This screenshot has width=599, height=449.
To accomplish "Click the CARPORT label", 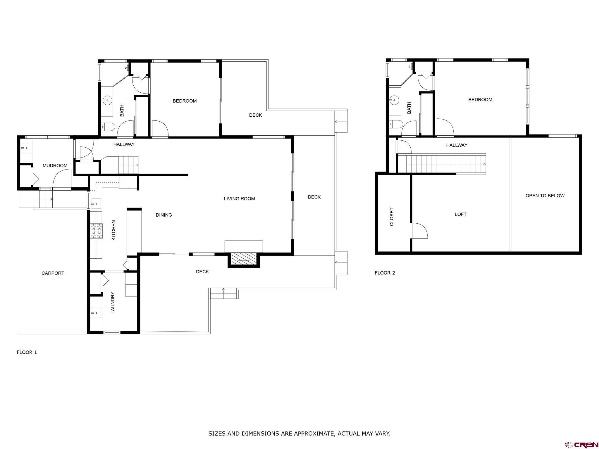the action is pyautogui.click(x=53, y=273).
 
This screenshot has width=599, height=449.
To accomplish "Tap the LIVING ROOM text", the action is pyautogui.click(x=239, y=199).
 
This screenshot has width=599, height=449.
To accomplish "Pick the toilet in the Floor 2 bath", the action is pyautogui.click(x=396, y=124).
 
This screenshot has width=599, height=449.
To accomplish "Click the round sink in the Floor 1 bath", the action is pyautogui.click(x=107, y=101).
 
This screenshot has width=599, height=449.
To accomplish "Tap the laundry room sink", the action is pyautogui.click(x=96, y=313).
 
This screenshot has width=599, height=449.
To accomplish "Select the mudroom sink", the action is pyautogui.click(x=26, y=148).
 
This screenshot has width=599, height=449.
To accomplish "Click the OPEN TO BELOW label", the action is pyautogui.click(x=545, y=196).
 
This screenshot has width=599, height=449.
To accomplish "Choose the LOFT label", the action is pyautogui.click(x=460, y=215).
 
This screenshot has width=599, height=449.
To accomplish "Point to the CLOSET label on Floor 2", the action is pyautogui.click(x=392, y=217).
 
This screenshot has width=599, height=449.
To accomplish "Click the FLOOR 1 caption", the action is pyautogui.click(x=27, y=352).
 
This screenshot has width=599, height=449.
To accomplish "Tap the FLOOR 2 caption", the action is pyautogui.click(x=385, y=273).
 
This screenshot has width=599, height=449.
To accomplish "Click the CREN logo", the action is pyautogui.click(x=581, y=445).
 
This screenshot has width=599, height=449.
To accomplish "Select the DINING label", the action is pyautogui.click(x=164, y=215).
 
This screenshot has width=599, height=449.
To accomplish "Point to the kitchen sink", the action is pyautogui.click(x=96, y=204).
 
